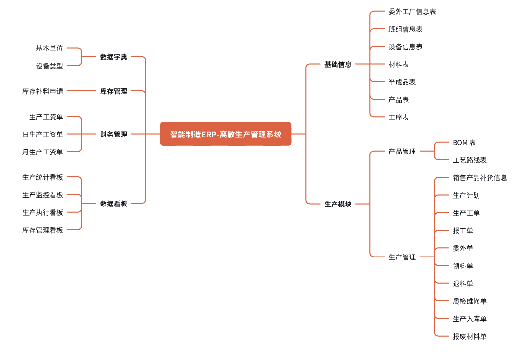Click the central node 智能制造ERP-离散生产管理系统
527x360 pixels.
click(226, 134)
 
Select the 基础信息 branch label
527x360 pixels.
click(337, 64)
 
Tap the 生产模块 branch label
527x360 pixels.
click(337, 204)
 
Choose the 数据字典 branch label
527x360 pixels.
click(113, 57)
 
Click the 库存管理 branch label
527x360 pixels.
click(113, 91)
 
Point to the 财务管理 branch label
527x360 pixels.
click(113, 134)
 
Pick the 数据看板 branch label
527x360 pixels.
click(113, 204)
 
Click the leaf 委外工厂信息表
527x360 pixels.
click(412, 11)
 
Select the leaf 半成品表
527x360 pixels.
click(402, 82)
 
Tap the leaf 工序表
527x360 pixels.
click(398, 117)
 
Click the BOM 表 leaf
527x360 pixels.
click(464, 142)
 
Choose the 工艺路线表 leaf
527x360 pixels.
click(469, 160)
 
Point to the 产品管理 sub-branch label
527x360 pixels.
click(402, 151)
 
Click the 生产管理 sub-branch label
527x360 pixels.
click(402, 257)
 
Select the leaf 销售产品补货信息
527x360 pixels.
click(479, 177)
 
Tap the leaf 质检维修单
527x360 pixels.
click(469, 301)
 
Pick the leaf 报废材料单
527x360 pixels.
click(469, 336)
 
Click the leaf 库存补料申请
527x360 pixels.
click(42, 91)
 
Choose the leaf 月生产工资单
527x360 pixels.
click(42, 152)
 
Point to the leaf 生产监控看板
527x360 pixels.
click(42, 195)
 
